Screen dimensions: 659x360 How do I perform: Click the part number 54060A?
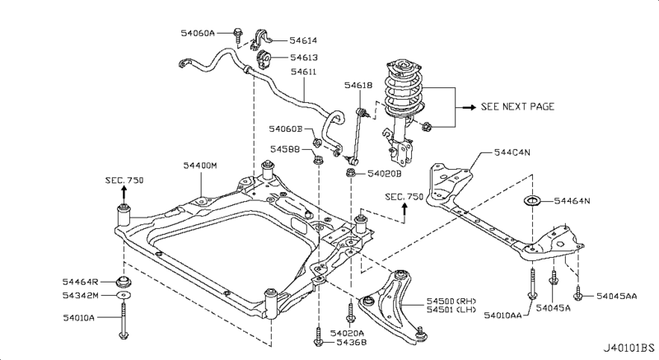pyautogui.click(x=198, y=33)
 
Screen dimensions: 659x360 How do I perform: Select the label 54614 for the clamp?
pyautogui.click(x=303, y=40)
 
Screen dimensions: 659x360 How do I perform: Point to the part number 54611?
pyautogui.click(x=303, y=72)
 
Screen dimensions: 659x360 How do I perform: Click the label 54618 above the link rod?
pyautogui.click(x=358, y=86)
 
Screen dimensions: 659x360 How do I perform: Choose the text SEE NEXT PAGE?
pyautogui.click(x=517, y=107)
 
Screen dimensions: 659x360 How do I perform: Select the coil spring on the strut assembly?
pyautogui.click(x=404, y=93)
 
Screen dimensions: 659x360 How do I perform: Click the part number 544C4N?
pyautogui.click(x=512, y=152)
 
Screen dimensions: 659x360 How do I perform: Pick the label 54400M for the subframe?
pyautogui.click(x=200, y=166)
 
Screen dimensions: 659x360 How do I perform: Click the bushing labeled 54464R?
pyautogui.click(x=124, y=282)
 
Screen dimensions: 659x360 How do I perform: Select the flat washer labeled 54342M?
pyautogui.click(x=123, y=295)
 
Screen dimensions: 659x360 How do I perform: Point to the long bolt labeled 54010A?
pyautogui.click(x=123, y=320)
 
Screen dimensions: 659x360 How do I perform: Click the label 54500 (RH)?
pyautogui.click(x=451, y=301)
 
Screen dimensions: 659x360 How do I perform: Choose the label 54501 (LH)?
pyautogui.click(x=451, y=310)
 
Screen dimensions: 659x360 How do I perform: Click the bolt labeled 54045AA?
pyautogui.click(x=578, y=293)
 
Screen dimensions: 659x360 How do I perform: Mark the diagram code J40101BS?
pyautogui.click(x=629, y=348)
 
